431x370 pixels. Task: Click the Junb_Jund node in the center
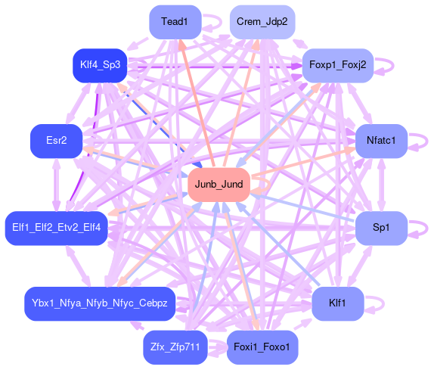pos(219,185)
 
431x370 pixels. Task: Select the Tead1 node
pos(175,22)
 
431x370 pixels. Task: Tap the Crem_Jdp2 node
pos(262,22)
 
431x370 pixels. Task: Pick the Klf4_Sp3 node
pos(100,65)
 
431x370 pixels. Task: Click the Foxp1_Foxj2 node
pos(338,65)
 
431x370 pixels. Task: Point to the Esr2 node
pos(57,141)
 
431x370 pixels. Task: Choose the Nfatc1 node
pos(381,141)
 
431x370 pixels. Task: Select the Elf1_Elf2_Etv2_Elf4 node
pos(57,228)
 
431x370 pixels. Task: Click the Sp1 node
pos(381,228)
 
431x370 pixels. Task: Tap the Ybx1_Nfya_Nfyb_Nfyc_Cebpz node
pos(100,303)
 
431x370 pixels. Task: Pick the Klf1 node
pos(338,303)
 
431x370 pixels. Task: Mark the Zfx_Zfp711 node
pos(175,347)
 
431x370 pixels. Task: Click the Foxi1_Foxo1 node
pos(262,347)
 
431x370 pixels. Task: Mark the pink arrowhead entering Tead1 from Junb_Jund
pos(181,44)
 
